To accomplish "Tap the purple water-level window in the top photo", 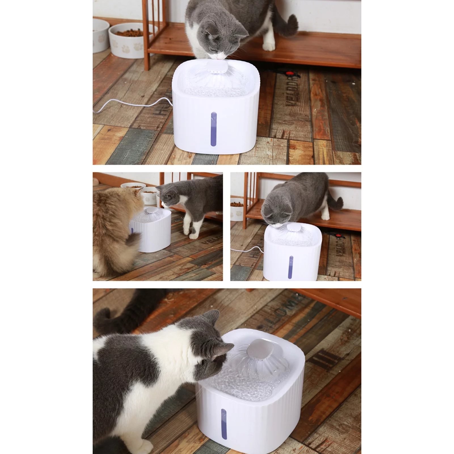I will point(213,129).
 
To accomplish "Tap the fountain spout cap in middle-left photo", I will point(150,210).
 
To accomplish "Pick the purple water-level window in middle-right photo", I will point(291,267).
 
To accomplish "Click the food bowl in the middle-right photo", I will point(237,210).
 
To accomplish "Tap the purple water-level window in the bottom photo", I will point(224,424).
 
